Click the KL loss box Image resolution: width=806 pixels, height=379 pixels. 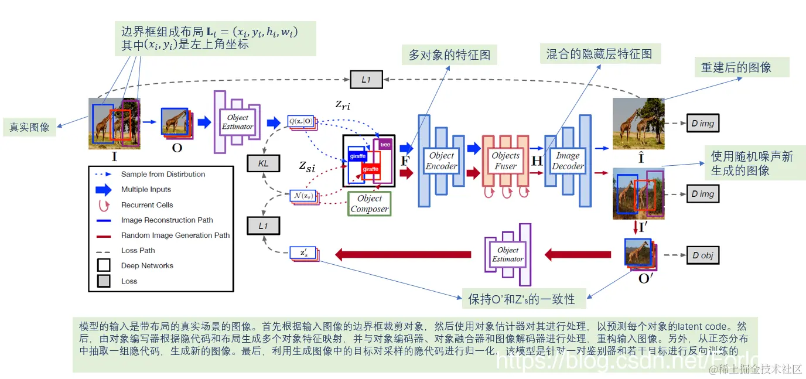coord(264,163)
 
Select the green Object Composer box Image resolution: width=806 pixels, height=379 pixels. coord(369,203)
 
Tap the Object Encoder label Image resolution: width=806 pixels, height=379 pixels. coord(441,161)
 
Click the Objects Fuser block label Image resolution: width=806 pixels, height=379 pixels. coord(505,161)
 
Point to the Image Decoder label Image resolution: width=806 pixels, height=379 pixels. coord(568,161)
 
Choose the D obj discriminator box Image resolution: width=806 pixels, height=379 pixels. coord(702,255)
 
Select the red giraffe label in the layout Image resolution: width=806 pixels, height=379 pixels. coord(370,169)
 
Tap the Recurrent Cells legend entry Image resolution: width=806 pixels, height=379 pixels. coord(147,205)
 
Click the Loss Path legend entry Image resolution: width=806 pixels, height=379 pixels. coord(138,250)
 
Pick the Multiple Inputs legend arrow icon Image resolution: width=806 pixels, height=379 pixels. coord(104,189)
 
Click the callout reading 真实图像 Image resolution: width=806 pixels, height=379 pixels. coord(29,127)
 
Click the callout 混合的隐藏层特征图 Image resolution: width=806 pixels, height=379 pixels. coord(599,54)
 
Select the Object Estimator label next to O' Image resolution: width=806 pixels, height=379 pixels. coord(507,255)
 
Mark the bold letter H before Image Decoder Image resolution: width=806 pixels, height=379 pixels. coord(536,161)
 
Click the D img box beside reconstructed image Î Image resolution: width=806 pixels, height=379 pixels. coord(702,124)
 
